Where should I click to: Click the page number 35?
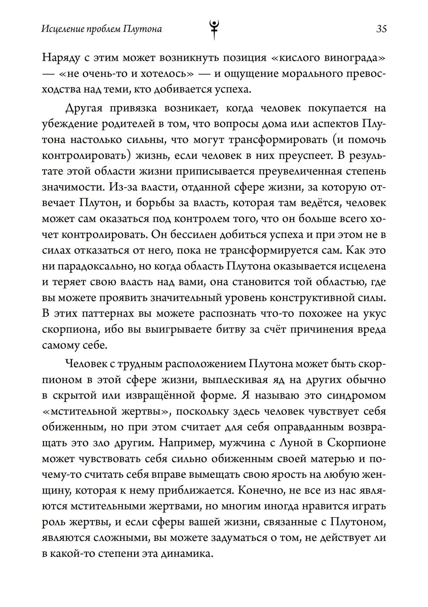[381, 29]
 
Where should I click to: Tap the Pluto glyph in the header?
[214, 29]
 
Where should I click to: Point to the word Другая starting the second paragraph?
[84, 108]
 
